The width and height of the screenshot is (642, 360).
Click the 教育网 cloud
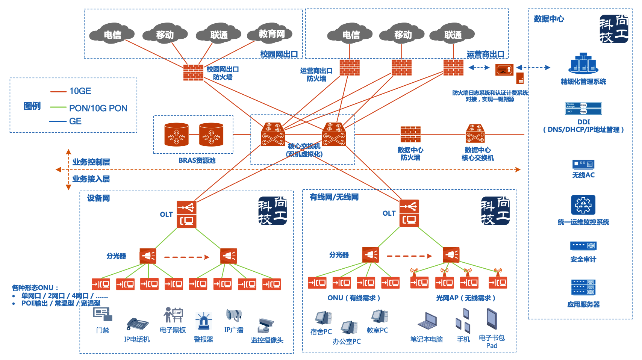pos(271,34)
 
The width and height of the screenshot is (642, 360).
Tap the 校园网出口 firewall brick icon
pos(193,73)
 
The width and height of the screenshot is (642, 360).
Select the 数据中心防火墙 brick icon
pos(410,135)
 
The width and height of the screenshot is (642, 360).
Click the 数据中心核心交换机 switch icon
pos(475,134)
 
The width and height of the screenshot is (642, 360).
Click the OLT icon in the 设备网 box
pos(186,214)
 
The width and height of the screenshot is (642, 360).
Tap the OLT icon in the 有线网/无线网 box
pos(409,213)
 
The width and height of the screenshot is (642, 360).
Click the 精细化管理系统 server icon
pos(583,63)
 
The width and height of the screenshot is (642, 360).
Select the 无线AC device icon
pos(583,164)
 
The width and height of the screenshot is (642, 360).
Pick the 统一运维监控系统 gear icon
pos(583,205)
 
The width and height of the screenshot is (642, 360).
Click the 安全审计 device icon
pos(583,246)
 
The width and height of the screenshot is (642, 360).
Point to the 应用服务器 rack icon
pos(583,287)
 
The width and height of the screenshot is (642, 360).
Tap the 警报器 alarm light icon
pos(203,322)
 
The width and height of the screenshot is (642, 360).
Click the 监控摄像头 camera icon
pos(266,325)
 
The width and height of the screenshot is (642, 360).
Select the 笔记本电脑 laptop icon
pos(427,321)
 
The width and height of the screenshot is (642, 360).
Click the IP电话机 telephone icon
pos(137,324)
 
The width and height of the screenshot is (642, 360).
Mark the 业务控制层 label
pos(91,162)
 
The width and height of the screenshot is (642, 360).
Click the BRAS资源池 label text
pos(197,160)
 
